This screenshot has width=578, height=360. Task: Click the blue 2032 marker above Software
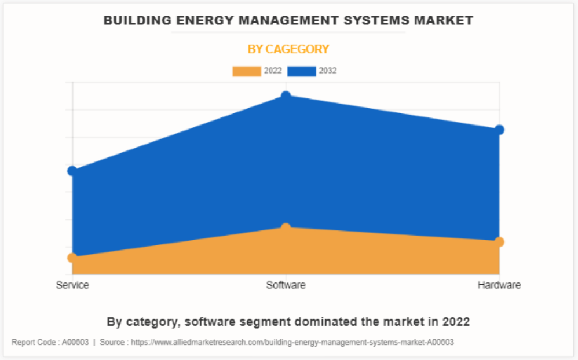(286, 95)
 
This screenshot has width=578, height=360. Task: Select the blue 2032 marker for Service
(72, 171)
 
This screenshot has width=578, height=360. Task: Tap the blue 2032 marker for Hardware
(499, 130)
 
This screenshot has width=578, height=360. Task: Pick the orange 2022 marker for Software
(286, 227)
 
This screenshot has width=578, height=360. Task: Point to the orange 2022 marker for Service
(72, 258)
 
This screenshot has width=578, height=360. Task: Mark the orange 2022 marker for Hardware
(499, 241)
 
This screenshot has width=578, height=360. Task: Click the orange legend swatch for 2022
(246, 71)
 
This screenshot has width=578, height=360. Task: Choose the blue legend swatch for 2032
(301, 71)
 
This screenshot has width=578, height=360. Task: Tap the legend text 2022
(273, 71)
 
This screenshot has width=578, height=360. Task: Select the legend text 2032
(327, 71)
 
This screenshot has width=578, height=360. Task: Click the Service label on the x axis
(72, 285)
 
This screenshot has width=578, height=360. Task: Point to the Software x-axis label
(286, 285)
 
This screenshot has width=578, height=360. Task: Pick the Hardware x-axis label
(499, 285)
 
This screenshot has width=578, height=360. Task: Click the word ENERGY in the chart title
(198, 21)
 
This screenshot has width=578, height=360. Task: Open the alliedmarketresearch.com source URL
(292, 342)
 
